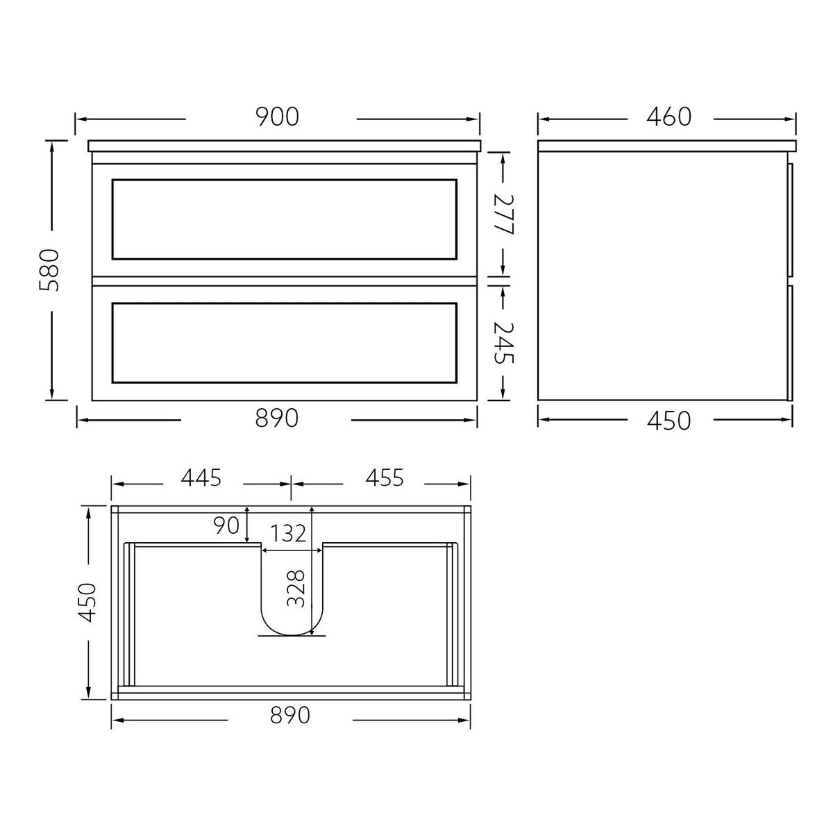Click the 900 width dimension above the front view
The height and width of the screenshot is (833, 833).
(278, 117)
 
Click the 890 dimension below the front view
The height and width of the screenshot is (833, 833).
(277, 419)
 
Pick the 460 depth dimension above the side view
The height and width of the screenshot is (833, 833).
(669, 117)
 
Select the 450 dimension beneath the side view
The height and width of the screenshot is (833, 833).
(668, 420)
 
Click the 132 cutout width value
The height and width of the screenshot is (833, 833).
(288, 533)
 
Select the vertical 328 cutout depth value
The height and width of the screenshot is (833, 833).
(296, 588)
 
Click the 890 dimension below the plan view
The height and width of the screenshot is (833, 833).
(289, 716)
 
